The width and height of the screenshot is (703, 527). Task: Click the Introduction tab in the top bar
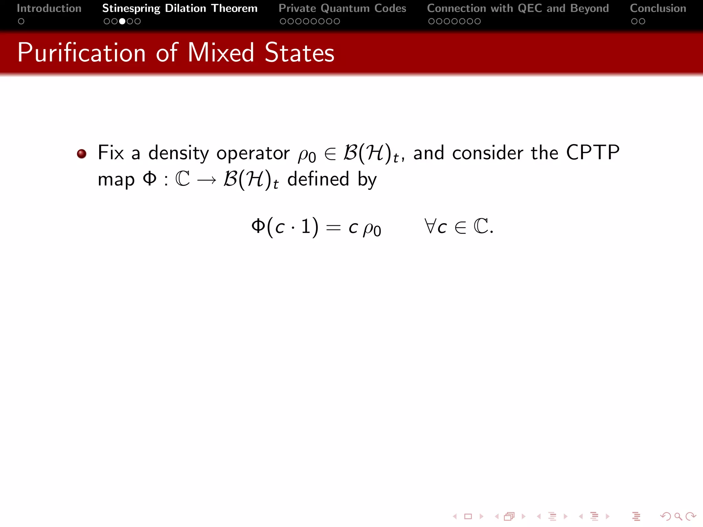49,8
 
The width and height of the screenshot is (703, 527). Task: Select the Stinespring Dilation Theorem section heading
180,8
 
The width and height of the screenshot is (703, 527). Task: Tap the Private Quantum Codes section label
342,8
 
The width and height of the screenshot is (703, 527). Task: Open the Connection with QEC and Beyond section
518,8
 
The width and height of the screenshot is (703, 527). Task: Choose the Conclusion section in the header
658,8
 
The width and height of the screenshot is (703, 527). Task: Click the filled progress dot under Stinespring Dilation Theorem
122,21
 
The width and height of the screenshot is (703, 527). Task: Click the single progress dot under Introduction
21,21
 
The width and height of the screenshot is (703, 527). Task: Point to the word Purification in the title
82,53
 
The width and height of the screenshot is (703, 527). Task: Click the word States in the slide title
299,53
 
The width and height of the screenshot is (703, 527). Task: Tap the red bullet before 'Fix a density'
81,154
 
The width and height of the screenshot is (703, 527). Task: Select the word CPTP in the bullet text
592,152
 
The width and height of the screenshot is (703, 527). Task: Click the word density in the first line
178,153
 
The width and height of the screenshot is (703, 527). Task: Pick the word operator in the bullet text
253,153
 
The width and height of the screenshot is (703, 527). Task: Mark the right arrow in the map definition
207,180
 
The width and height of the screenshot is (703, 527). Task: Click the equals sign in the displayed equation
333,227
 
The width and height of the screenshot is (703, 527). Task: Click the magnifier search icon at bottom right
678,516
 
